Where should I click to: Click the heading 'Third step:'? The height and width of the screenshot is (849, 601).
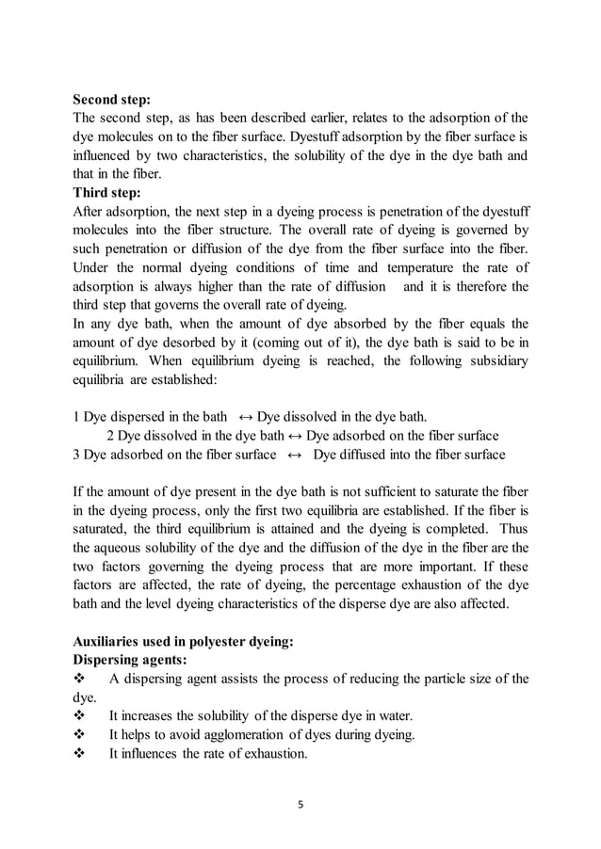106,196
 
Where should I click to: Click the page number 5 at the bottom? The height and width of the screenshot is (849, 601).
300,805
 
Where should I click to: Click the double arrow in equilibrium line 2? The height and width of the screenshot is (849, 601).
295,436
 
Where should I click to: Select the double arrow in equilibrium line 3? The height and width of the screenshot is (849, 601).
294,455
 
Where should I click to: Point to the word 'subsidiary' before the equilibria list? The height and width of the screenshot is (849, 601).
497,360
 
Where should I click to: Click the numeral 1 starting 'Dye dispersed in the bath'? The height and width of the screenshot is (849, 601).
76,416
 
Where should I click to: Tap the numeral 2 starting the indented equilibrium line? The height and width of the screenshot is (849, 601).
109,436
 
